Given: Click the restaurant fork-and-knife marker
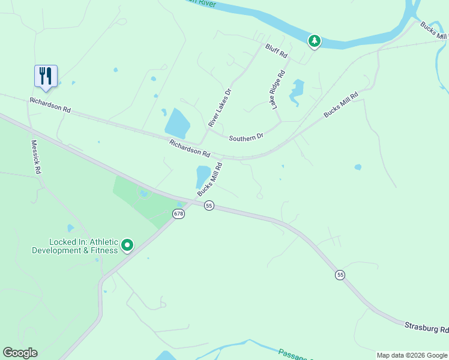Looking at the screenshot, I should coord(46,76).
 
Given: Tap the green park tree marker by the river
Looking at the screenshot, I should coord(314,41).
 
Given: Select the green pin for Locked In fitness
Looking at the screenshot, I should coord(127,245).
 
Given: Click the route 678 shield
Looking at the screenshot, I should coord(178,214).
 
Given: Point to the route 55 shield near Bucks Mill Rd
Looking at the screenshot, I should coord(209,205).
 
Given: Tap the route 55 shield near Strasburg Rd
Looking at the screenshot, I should coord(340,275).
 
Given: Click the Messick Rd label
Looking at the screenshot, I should coord(37,157).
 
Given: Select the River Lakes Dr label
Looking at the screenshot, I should coord(220,108).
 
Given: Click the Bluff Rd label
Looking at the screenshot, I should coord(277,50).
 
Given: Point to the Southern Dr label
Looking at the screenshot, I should coord(246,137).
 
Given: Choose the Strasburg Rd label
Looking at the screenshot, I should coord(426,328).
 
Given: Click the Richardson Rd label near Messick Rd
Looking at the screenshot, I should coord(50,106).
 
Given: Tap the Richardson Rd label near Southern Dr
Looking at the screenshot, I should coord(190,148).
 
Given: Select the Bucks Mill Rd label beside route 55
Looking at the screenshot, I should coord(210,178).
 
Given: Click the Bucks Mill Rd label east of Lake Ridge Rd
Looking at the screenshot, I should coord(341,104).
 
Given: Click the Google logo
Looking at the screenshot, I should coord(20,353).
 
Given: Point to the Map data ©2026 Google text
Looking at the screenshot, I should coord(412,355).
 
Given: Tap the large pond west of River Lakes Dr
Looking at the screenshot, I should coord(178,124).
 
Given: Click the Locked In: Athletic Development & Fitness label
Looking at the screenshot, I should coord(75,246).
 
